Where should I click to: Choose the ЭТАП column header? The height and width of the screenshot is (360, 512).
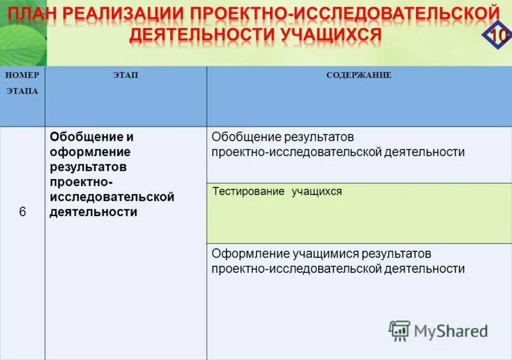pos(125,75)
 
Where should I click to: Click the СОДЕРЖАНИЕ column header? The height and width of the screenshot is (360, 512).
pos(358,75)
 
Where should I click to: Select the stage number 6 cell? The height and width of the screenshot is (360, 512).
pos(22,212)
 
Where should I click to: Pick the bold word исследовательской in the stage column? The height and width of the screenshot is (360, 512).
pos(111,197)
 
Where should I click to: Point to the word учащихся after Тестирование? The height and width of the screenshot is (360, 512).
pos(317,191)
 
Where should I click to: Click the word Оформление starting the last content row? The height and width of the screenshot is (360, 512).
pos(246,254)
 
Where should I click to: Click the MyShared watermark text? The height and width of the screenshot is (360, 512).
pos(451,331)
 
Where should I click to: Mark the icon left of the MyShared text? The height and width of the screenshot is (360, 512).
pos(399,329)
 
